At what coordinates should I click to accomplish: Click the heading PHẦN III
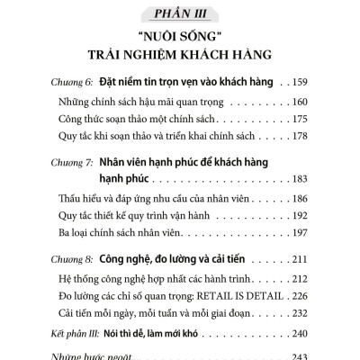tap(180, 13)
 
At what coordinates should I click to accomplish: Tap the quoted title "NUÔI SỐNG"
tap(180, 40)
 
